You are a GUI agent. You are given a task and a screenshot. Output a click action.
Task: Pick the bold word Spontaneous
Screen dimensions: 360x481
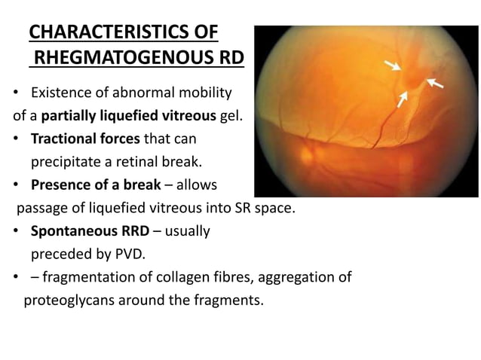[x=72, y=230]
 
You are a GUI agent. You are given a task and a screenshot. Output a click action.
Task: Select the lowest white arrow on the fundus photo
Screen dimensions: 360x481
[x=404, y=98]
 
